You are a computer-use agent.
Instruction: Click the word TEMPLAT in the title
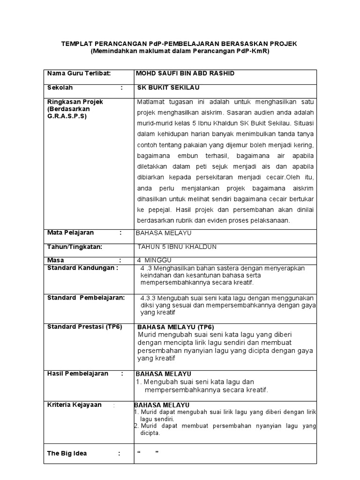point(78,44)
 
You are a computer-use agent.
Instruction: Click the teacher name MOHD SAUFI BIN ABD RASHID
point(185,74)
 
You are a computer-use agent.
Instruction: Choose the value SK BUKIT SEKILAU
point(165,88)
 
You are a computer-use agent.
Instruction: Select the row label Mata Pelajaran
point(71,232)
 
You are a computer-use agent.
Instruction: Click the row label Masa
point(56,260)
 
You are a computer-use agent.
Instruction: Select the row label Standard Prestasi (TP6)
point(85,327)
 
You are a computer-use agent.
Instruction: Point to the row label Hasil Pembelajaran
point(78,374)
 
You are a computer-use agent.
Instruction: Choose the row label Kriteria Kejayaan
point(75,405)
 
